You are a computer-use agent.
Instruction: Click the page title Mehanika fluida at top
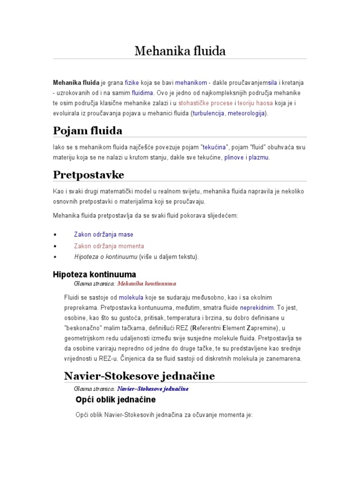(180, 51)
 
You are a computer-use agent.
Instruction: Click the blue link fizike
(133, 82)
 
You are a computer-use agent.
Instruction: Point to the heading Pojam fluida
(88, 130)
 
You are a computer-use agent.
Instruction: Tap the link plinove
(234, 157)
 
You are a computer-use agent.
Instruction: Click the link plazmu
(259, 157)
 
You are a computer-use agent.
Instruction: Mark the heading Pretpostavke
(89, 174)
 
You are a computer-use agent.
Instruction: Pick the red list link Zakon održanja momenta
(109, 246)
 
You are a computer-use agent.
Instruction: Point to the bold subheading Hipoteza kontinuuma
(94, 274)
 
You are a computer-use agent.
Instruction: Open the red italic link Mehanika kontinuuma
(146, 284)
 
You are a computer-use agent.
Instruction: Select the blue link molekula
(131, 298)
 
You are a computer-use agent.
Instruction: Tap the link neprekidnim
(256, 308)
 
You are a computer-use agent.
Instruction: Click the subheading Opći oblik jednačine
(115, 400)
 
